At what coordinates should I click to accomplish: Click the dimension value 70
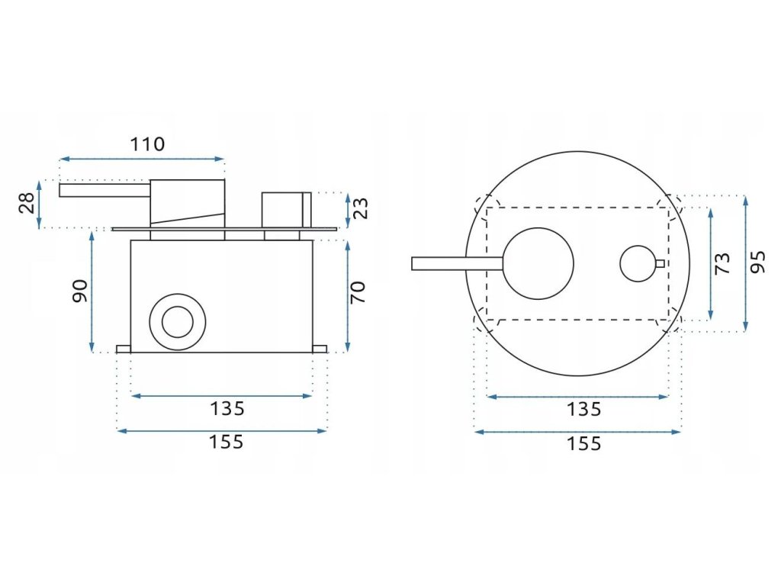click(358, 292)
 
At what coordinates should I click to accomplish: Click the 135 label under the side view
click(227, 409)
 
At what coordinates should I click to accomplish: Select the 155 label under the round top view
click(583, 443)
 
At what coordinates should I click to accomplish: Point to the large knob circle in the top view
click(539, 263)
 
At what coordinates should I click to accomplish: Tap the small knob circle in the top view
click(637, 263)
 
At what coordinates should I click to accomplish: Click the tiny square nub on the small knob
click(660, 263)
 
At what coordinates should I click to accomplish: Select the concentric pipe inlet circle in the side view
click(178, 321)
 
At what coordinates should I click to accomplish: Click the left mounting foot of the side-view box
click(124, 349)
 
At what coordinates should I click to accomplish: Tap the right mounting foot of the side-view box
click(320, 349)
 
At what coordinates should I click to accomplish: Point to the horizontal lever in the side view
click(104, 190)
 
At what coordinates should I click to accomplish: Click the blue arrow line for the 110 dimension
click(143, 159)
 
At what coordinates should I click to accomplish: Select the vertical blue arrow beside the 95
click(745, 263)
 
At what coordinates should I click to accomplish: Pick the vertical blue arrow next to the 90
click(92, 291)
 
